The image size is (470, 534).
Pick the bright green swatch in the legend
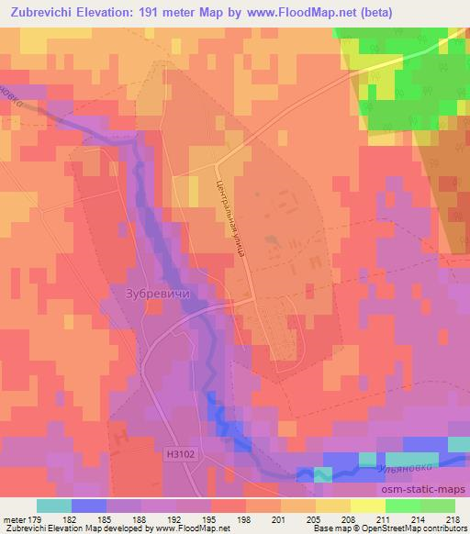coord(402,506)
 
